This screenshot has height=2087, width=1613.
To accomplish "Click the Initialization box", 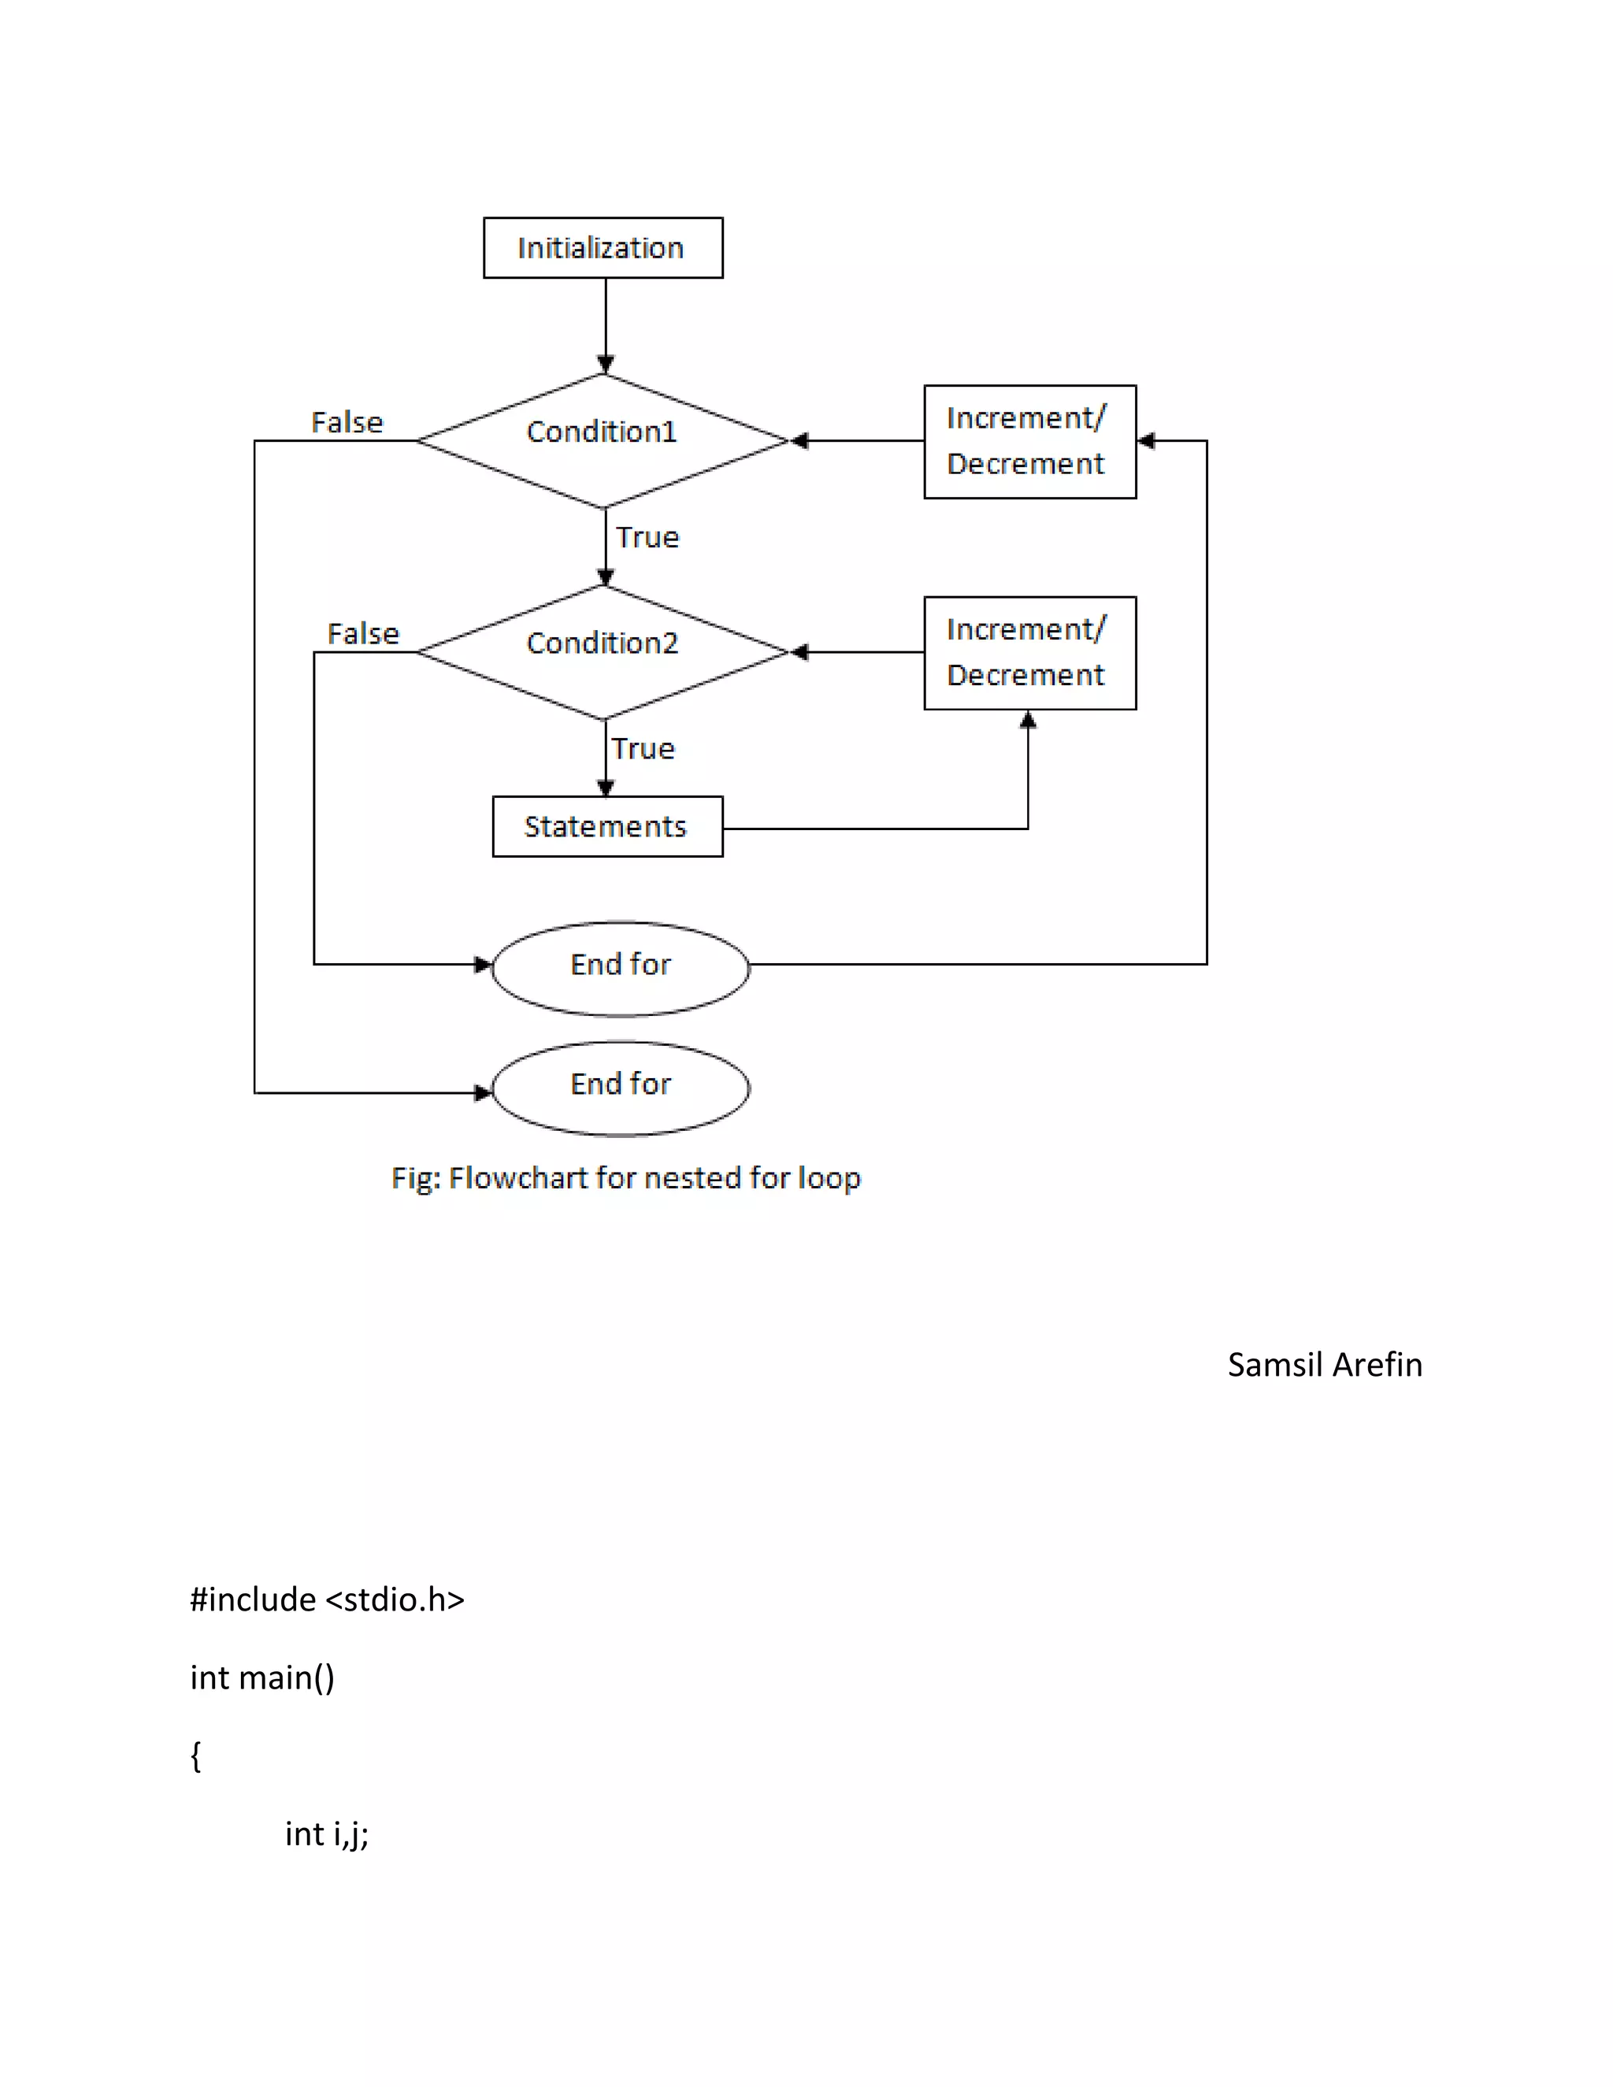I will pos(603,247).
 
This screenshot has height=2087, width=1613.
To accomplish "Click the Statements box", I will pos(606,827).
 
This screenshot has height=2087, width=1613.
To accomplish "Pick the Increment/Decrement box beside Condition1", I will pos(1029,442).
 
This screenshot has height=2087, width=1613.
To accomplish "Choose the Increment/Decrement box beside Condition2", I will pos(1029,653).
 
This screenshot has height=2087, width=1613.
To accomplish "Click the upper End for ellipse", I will pos(620,967).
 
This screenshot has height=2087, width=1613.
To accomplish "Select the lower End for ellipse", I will pos(620,1088).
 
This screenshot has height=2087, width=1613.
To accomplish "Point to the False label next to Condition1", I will pos(347,422).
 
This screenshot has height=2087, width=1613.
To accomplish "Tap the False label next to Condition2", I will pos(363,633).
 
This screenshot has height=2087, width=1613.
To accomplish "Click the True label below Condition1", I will pos(647,537).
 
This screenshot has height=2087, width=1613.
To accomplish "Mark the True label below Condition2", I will pos(643,748).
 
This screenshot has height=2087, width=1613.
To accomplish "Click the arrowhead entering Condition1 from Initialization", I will pos(605,364).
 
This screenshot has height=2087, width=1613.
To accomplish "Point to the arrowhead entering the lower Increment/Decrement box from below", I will pos(1027,720).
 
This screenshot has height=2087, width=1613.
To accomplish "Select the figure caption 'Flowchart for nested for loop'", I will pos(626,1177).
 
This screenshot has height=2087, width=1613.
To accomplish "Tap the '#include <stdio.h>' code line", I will pos(327,1599).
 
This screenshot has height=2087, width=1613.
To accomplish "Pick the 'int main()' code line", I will pos(261,1677).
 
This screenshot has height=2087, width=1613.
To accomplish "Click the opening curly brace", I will pos(196,1755).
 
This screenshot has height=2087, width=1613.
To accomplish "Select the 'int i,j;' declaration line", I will pos(326,1833).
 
